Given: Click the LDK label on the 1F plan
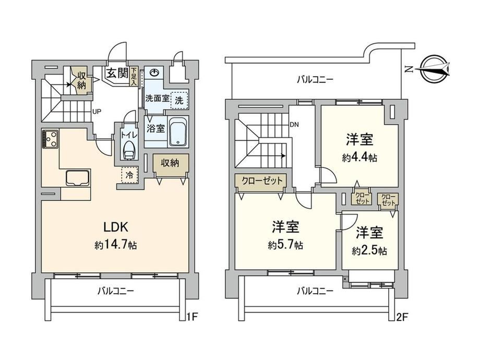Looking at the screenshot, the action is click(x=115, y=227).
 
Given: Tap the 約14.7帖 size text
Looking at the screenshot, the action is click(x=116, y=245).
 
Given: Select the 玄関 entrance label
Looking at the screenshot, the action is click(x=117, y=73).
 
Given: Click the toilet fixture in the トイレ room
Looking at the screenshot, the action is click(x=129, y=151).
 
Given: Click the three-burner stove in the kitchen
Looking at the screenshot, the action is click(x=50, y=139).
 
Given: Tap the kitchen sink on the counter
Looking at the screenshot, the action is click(x=78, y=177).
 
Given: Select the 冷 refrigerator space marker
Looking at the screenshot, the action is click(x=129, y=175).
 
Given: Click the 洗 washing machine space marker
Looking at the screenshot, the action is click(x=179, y=100).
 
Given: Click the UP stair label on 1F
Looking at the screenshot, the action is click(x=97, y=112).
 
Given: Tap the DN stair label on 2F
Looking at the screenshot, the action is click(x=294, y=125).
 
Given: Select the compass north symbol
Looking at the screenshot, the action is click(x=434, y=69).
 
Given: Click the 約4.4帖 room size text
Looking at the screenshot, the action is click(x=359, y=158).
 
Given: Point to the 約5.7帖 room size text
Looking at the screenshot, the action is click(x=285, y=245).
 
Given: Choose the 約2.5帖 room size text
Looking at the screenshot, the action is click(x=369, y=251).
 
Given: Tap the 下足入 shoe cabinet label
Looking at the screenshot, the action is click(x=134, y=76).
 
